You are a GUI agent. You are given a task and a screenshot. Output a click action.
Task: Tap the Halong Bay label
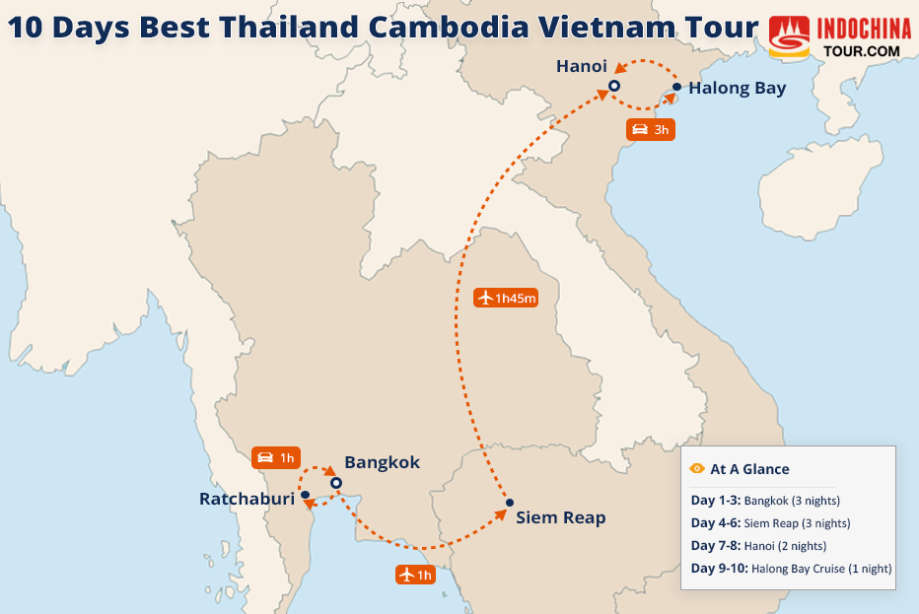pyautogui.click(x=737, y=88)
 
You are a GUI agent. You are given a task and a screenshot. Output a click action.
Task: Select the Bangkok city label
pyautogui.click(x=382, y=462)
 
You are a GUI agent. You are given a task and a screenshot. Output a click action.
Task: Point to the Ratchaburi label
pyautogui.click(x=247, y=499)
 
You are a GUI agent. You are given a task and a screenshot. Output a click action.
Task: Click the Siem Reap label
pyautogui.click(x=560, y=517)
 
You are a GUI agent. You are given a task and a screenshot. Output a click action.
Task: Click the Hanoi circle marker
pyautogui.click(x=613, y=87)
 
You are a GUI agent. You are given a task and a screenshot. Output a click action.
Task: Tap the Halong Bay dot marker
pyautogui.click(x=676, y=88)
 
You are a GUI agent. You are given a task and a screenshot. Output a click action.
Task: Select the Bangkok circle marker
pyautogui.click(x=335, y=483)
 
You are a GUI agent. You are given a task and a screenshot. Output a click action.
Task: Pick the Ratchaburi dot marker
pyautogui.click(x=306, y=495)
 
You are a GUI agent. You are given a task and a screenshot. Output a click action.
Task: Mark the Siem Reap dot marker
pyautogui.click(x=510, y=503)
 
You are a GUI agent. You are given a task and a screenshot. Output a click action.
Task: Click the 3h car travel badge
pyautogui.click(x=651, y=129)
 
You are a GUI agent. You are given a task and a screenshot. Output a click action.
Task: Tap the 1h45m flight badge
pyautogui.click(x=506, y=297)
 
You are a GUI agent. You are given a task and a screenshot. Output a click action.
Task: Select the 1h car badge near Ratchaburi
pyautogui.click(x=275, y=457)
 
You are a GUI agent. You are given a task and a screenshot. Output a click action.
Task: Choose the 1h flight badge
pyautogui.click(x=415, y=575)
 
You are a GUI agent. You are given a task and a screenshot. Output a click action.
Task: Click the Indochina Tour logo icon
pyautogui.click(x=789, y=37)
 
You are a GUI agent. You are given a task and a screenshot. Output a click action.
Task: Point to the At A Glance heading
pyautogui.click(x=749, y=469)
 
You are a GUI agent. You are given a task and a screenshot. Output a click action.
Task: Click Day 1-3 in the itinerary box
pyautogui.click(x=715, y=501)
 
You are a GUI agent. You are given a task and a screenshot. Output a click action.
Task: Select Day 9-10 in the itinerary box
pyautogui.click(x=719, y=569)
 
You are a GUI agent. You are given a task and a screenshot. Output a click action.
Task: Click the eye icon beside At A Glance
pyautogui.click(x=697, y=469)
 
